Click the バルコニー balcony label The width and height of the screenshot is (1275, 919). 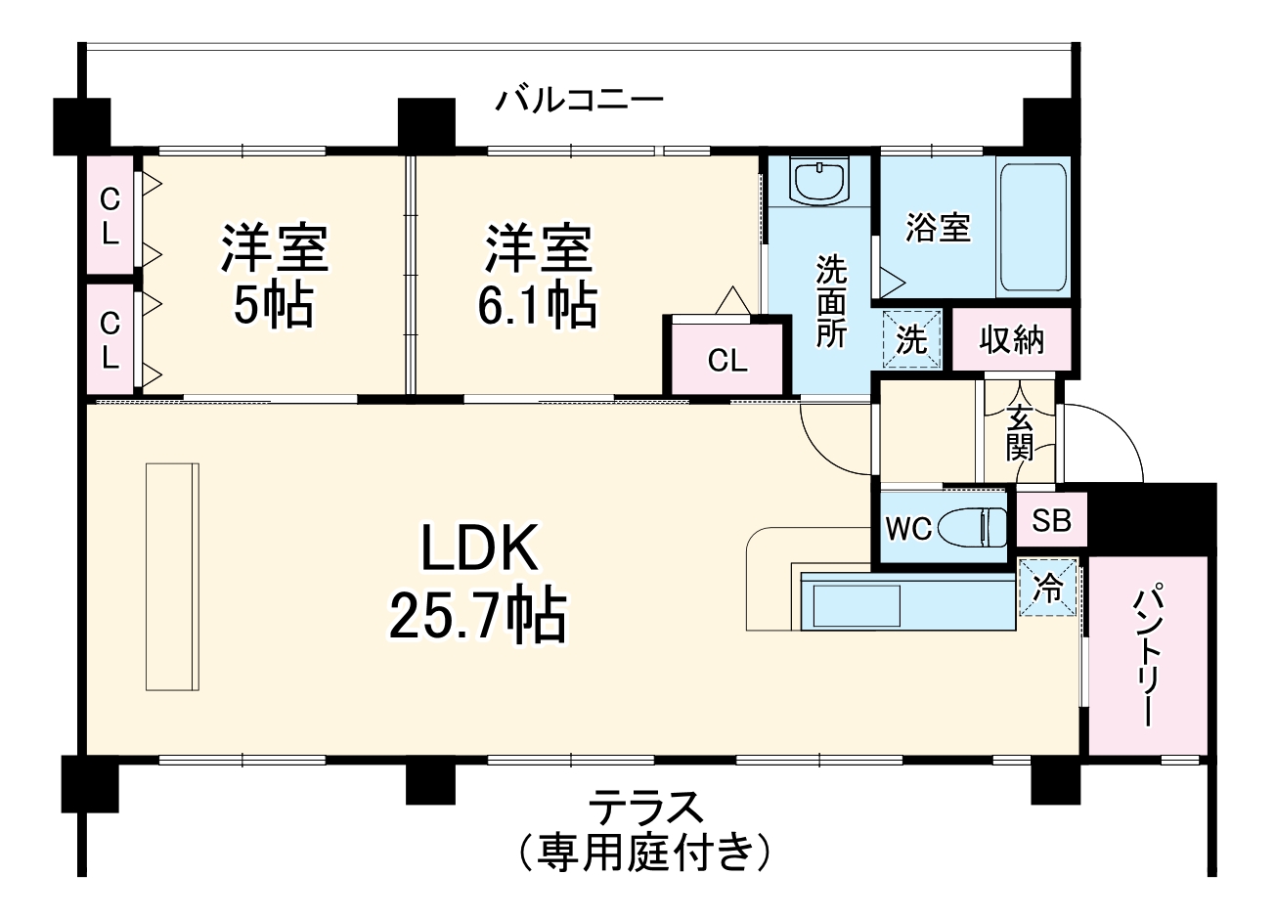[x=579, y=100]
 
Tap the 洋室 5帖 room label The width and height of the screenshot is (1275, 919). [x=274, y=276]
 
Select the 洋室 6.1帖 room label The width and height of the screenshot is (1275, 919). [x=537, y=276]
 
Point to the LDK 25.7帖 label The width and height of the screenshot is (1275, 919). [x=478, y=584]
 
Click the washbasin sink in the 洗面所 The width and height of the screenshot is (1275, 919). [x=819, y=182]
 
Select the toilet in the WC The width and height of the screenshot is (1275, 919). [x=972, y=528]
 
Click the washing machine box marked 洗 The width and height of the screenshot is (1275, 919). [x=911, y=339]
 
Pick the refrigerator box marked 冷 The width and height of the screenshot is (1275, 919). [x=1048, y=589]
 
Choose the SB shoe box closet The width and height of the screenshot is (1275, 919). [x=1052, y=520]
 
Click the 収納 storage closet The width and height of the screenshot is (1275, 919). [x=1012, y=339]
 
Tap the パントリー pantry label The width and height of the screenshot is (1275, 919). [x=1148, y=655]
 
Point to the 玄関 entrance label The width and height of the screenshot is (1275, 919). [x=1020, y=432]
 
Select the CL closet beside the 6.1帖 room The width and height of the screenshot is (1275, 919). [x=727, y=360]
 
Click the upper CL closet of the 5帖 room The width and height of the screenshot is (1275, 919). [x=110, y=216]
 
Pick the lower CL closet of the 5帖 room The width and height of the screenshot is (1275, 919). [x=110, y=339]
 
